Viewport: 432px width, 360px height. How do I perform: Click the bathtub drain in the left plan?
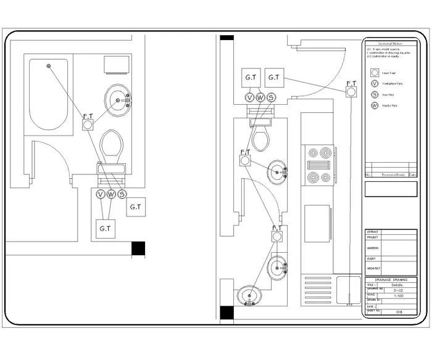tap(49, 65)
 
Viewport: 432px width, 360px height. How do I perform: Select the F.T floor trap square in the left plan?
tap(88, 125)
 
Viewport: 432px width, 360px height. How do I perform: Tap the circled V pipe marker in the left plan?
tap(101, 194)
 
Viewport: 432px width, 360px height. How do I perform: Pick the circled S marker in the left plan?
tap(122, 194)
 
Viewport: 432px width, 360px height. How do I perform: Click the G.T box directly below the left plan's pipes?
tap(105, 229)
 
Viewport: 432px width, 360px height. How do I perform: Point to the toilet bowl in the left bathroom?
tap(112, 145)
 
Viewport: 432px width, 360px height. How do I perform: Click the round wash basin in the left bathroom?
tap(117, 99)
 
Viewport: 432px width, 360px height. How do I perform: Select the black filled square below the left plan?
tap(138, 248)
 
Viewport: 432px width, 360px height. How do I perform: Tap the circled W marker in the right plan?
tap(260, 97)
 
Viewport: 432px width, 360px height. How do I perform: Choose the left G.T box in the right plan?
tap(251, 78)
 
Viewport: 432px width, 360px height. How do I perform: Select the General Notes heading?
tap(390, 44)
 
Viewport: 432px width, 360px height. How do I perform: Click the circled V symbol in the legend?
tap(374, 83)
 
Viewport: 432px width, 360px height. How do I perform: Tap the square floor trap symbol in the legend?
tap(374, 72)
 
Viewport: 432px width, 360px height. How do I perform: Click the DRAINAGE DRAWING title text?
tap(390, 280)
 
